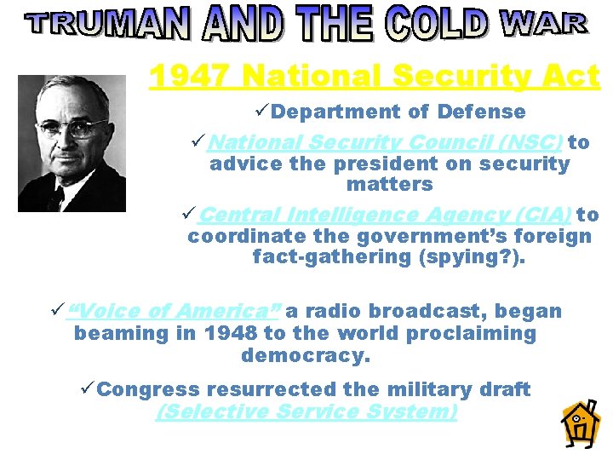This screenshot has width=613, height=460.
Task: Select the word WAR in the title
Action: [543, 24]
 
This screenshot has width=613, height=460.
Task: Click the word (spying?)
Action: [478, 256]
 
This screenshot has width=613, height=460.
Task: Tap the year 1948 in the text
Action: [230, 333]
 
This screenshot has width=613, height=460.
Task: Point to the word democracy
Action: [306, 354]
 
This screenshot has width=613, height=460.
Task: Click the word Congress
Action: [149, 389]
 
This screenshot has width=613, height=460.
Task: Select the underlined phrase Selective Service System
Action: [306, 412]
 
